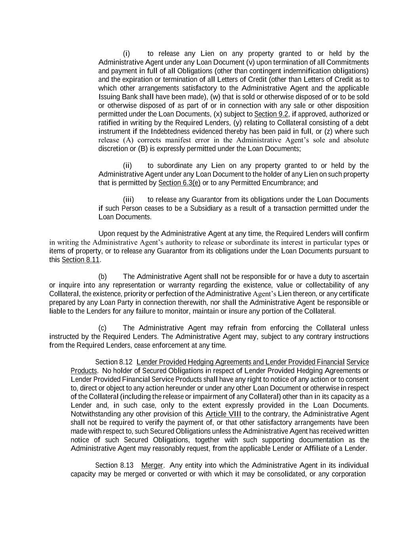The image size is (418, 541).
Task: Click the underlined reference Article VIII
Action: [223, 414]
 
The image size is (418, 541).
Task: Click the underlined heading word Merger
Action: [152, 465]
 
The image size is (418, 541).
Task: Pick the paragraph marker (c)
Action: [103, 328]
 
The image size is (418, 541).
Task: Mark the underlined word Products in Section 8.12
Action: [84, 371]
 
